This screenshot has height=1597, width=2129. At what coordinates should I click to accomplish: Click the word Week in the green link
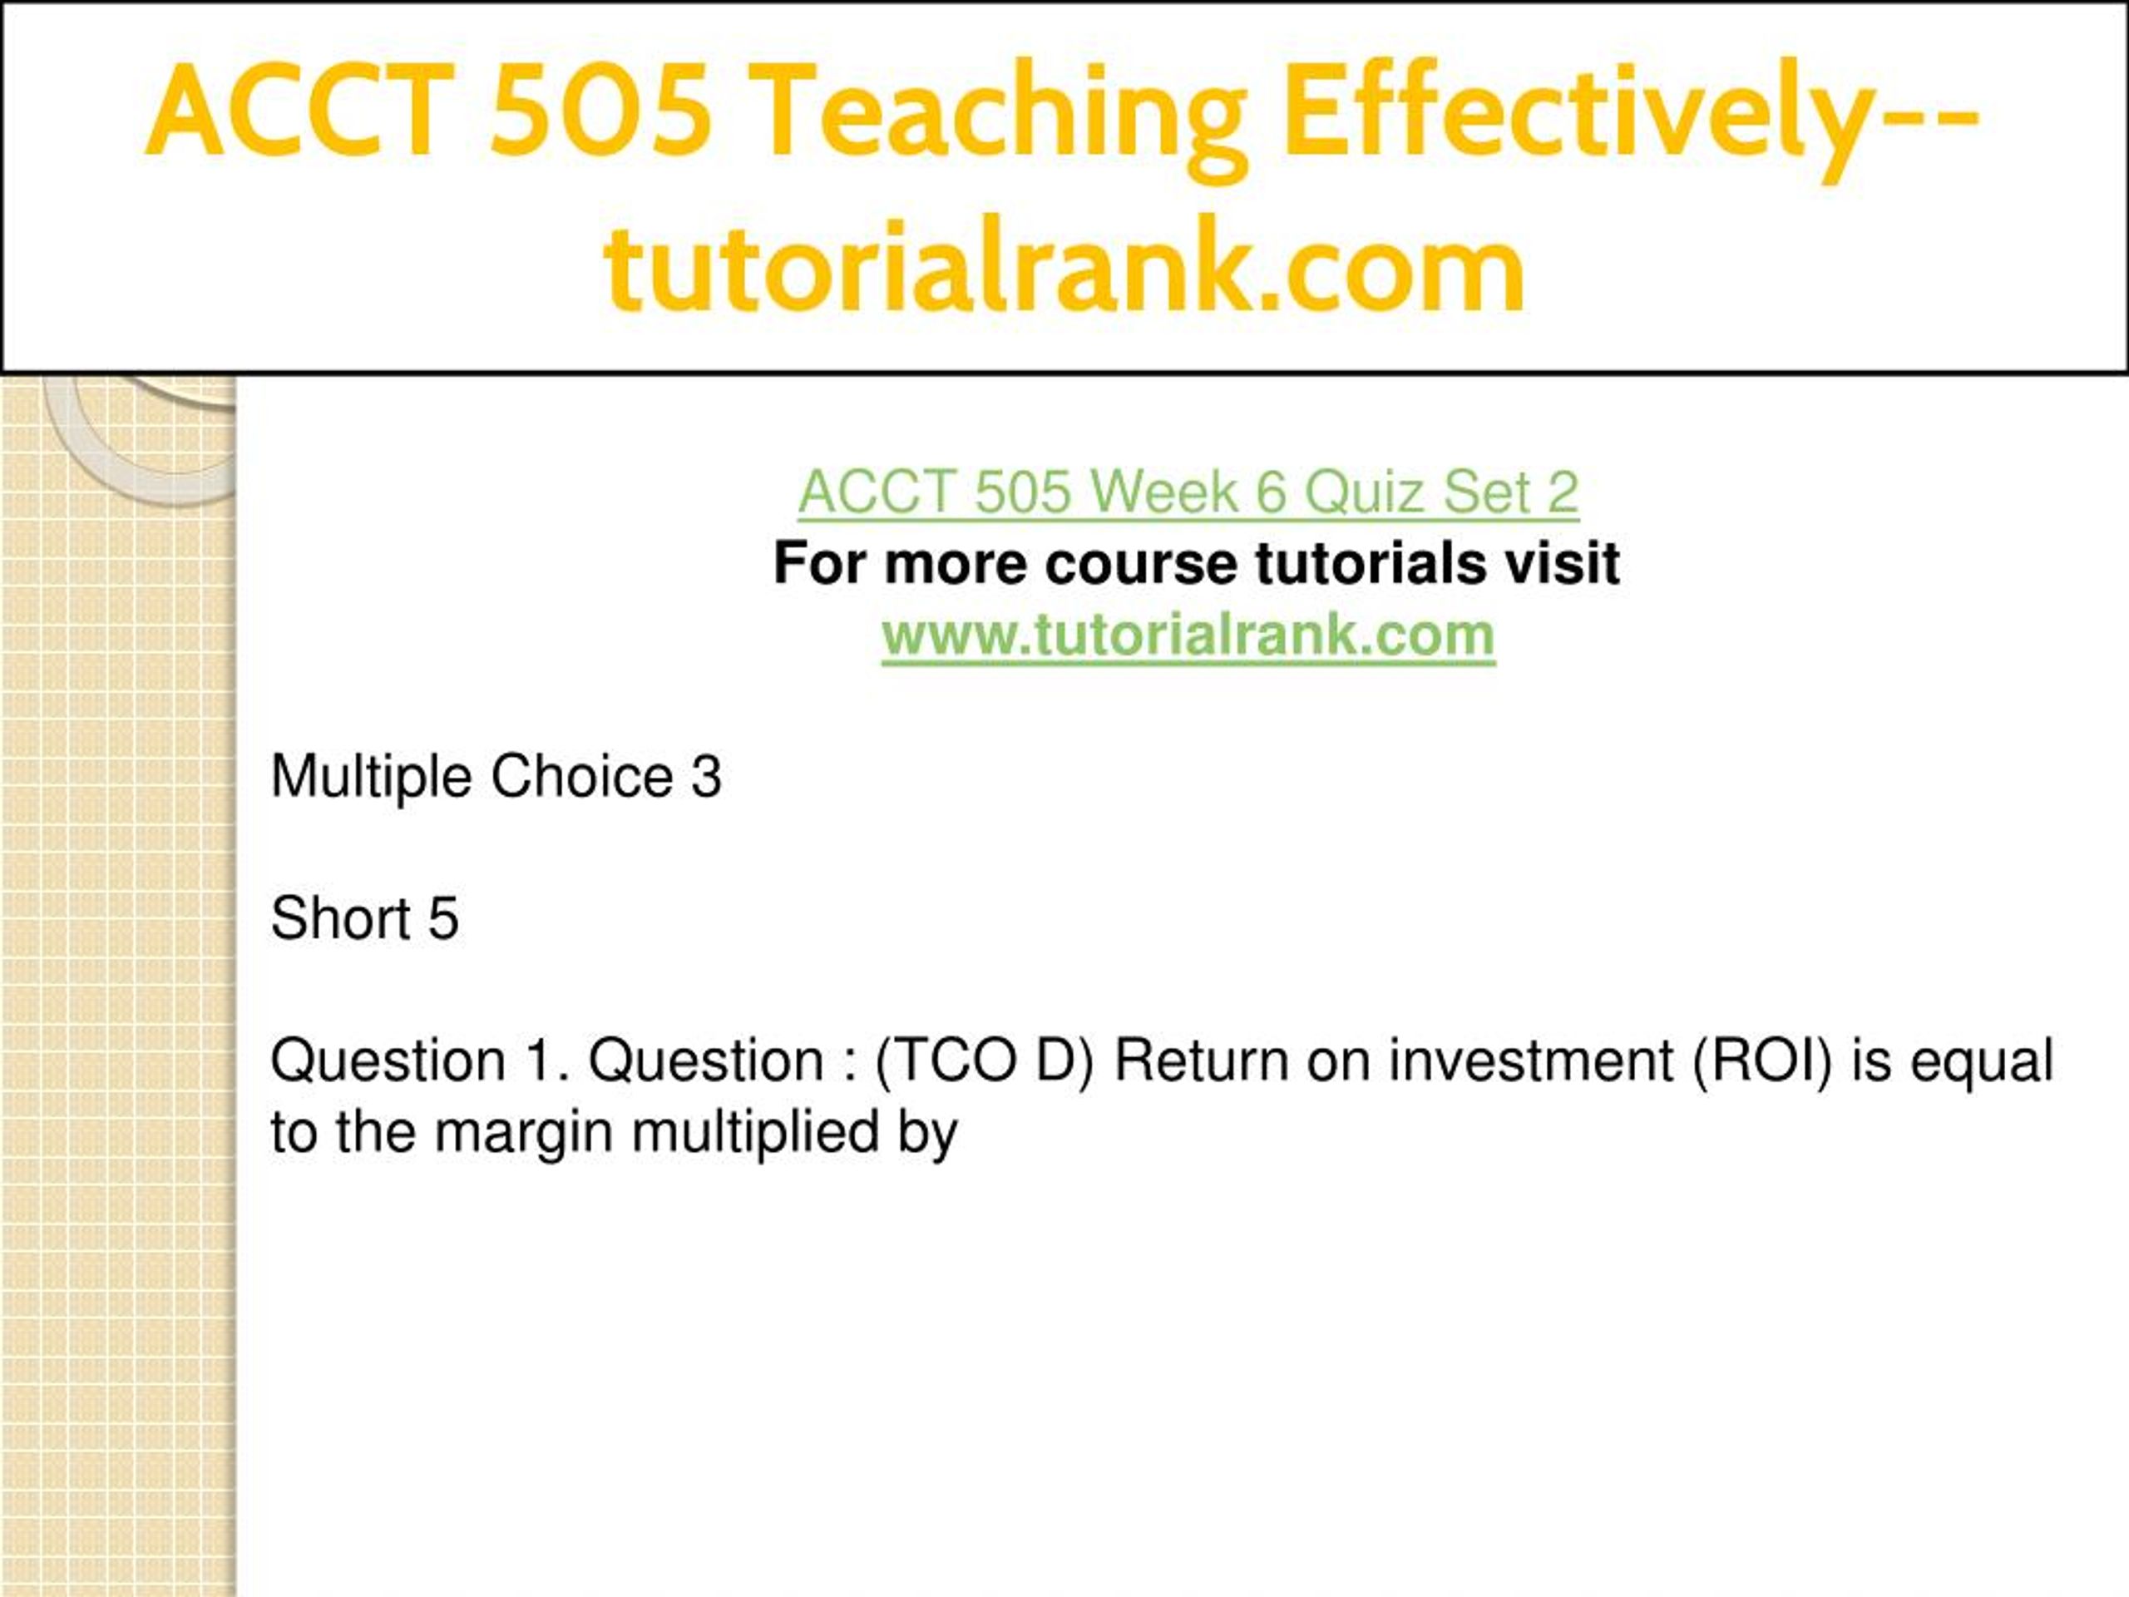point(1164,492)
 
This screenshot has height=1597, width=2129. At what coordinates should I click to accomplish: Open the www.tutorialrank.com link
point(1188,635)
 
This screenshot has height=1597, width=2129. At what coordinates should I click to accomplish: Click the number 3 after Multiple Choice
point(705,776)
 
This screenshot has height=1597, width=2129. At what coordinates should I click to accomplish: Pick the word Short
point(341,917)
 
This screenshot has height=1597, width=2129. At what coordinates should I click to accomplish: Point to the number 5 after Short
point(442,918)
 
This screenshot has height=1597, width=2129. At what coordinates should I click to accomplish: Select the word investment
point(1531,1061)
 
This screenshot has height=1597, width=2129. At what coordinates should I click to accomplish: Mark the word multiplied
point(755,1133)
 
